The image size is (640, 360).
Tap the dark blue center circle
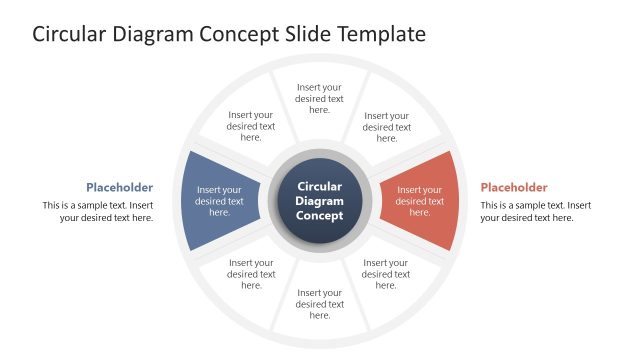[x=320, y=200]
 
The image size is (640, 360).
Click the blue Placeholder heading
[x=119, y=187]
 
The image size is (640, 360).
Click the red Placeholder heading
[x=514, y=187]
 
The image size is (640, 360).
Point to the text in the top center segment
[x=320, y=98]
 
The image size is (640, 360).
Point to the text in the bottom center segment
[x=320, y=304]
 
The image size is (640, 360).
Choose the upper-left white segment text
[x=251, y=126]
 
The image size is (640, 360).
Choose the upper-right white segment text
[x=387, y=126]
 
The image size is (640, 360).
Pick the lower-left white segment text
[x=251, y=274]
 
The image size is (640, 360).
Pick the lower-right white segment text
[x=387, y=274]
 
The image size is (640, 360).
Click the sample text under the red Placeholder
[x=535, y=211]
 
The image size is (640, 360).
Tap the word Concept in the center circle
[x=320, y=215]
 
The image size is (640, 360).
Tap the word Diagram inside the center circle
[x=320, y=201]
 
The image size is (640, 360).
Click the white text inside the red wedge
[x=420, y=200]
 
